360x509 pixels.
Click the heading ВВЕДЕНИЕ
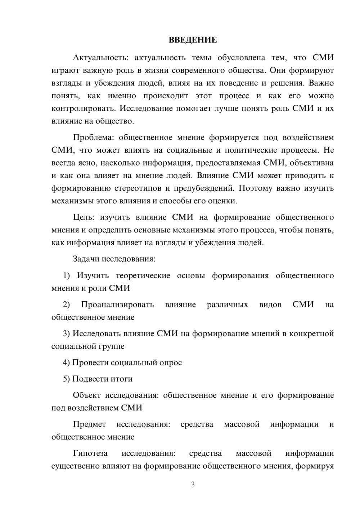pyautogui.click(x=193, y=40)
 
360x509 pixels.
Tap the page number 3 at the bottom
pyautogui.click(x=193, y=485)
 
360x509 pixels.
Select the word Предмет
pyautogui.click(x=89, y=424)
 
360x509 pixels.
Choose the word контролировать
pyautogui.click(x=84, y=108)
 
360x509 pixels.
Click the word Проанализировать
pyautogui.click(x=117, y=305)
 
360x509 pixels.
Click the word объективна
pyautogui.click(x=312, y=163)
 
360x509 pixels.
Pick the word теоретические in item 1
pyautogui.click(x=143, y=275)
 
